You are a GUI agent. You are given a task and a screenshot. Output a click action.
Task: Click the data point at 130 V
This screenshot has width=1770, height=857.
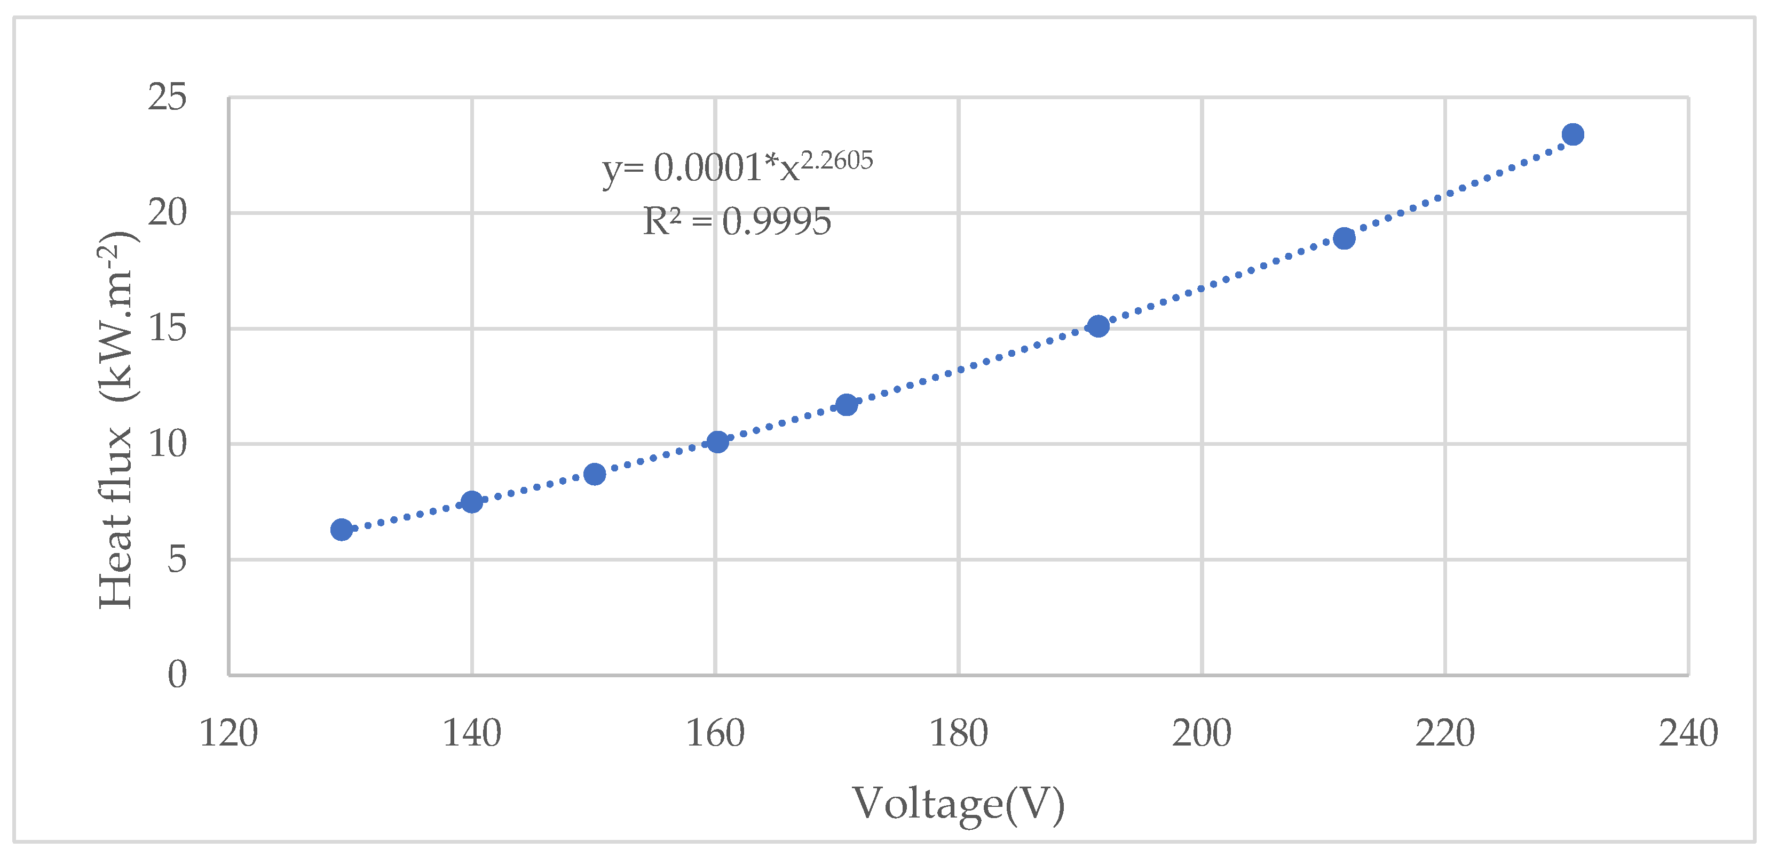click(x=342, y=530)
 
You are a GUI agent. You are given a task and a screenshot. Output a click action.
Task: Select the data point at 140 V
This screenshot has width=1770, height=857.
click(x=471, y=502)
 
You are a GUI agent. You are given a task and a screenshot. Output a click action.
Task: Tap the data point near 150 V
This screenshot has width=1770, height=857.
click(x=594, y=474)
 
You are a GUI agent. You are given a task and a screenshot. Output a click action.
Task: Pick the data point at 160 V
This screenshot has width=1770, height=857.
click(x=717, y=442)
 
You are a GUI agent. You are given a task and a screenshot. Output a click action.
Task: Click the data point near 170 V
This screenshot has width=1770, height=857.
click(x=847, y=404)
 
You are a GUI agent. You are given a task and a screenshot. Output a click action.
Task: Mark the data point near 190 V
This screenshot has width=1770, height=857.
click(x=1098, y=326)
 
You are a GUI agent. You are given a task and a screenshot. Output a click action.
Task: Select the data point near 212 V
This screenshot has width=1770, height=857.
click(x=1344, y=238)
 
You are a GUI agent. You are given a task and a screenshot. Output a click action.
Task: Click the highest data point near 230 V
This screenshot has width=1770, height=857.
click(x=1573, y=134)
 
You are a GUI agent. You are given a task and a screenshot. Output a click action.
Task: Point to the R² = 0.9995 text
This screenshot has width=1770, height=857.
click(x=737, y=222)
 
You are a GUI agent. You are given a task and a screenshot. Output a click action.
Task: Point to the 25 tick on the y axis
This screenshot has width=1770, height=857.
click(x=167, y=97)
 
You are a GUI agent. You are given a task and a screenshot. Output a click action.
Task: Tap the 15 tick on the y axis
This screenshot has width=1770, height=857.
click(x=167, y=329)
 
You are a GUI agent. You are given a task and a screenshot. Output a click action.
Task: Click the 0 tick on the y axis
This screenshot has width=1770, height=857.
click(x=177, y=674)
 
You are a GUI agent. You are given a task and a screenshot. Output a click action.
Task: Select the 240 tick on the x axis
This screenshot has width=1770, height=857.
click(x=1688, y=733)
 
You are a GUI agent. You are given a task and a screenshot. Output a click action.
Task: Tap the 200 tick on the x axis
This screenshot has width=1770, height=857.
click(x=1201, y=733)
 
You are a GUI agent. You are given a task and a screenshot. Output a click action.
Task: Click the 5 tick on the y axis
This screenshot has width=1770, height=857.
click(x=177, y=559)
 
